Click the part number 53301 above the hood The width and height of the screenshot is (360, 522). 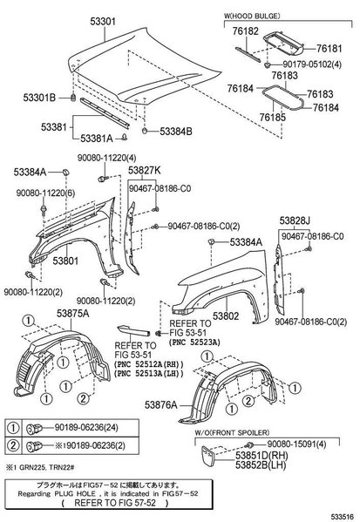103,22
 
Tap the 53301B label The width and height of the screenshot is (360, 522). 39,98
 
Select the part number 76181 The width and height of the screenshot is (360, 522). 329,49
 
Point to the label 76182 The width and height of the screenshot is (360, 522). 246,31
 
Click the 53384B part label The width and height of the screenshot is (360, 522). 176,132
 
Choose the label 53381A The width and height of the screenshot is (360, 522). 97,139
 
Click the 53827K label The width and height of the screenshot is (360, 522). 145,171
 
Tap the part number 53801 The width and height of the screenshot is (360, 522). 65,261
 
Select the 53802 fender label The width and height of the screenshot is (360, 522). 226,316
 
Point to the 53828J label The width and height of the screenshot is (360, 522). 295,220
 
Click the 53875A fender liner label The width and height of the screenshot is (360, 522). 73,313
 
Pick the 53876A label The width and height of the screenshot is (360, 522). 161,405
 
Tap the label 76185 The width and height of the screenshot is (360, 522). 273,117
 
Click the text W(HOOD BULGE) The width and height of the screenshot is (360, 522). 252,16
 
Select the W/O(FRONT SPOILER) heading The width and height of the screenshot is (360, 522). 232,433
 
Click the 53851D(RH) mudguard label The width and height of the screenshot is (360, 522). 262,455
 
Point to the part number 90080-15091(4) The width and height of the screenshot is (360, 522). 296,444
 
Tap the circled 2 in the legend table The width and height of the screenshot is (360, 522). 13,445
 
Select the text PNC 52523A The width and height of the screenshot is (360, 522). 195,342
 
